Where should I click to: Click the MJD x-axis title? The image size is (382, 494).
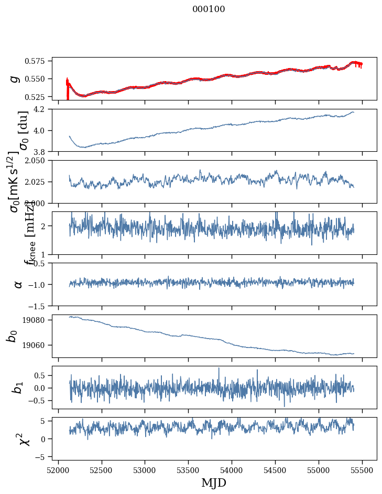214,482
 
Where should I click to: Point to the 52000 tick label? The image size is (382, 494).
58,470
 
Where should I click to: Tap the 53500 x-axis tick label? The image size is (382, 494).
189,470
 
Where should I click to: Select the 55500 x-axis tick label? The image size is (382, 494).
363,470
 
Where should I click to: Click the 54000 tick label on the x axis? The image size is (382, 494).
232,470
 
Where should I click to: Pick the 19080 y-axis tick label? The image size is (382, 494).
38,320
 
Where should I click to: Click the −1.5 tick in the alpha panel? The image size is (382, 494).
39,306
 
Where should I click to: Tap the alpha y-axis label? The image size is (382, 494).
18,284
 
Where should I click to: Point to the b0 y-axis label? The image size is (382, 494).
12,336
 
